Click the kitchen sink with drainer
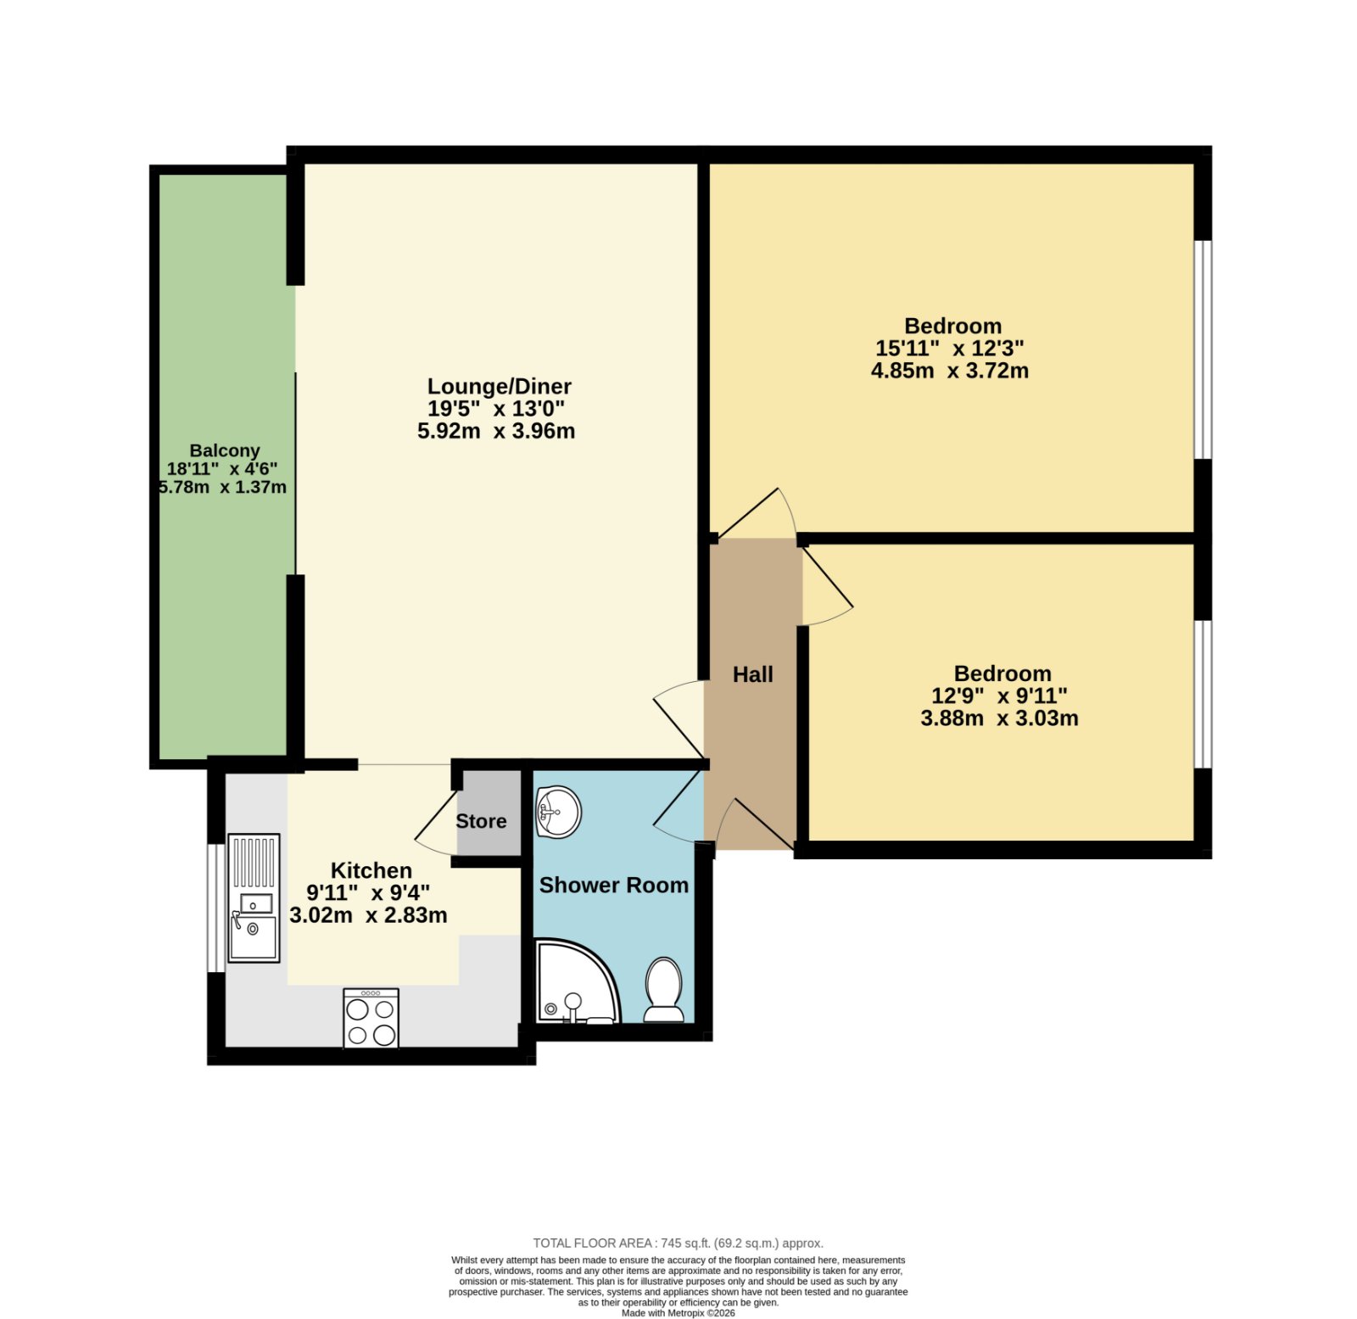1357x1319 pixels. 254,897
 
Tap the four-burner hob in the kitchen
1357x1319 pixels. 371,1017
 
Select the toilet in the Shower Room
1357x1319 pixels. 663,990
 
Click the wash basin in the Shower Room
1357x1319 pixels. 558,812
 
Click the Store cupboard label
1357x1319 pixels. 481,821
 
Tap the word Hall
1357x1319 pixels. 753,674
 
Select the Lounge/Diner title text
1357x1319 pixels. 499,387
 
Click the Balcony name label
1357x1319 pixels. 225,450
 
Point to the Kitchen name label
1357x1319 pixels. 371,870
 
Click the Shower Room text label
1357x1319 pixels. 614,885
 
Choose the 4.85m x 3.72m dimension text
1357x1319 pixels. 950,371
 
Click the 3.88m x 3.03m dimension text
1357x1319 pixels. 1000,718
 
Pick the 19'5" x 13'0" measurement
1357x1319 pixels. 496,409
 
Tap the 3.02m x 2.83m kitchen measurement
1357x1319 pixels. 368,915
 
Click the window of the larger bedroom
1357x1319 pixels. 1203,350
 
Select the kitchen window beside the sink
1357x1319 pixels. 216,908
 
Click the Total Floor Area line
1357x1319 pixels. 678,1244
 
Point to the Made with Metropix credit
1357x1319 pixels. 678,1313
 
